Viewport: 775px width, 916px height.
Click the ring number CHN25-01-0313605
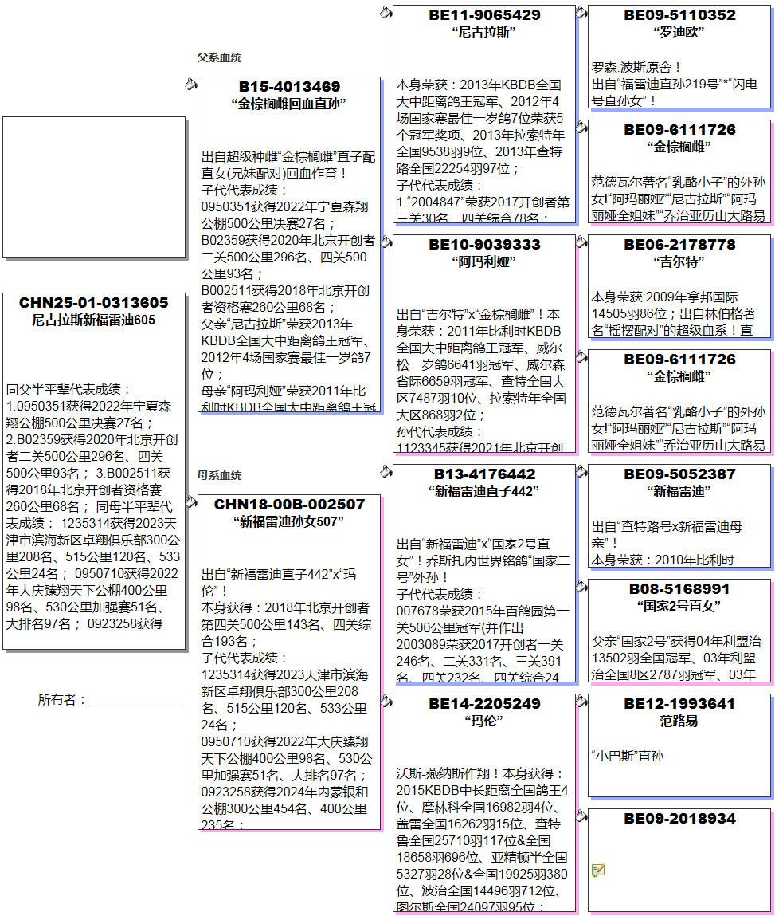(94, 303)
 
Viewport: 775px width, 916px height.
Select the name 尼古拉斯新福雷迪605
(94, 320)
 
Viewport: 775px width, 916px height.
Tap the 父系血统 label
(219, 57)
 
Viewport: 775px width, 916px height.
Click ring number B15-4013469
(289, 86)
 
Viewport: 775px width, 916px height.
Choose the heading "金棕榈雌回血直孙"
(289, 104)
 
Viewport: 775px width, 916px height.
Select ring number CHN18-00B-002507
(289, 504)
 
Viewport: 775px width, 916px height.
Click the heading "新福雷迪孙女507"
(289, 521)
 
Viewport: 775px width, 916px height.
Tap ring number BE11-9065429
(484, 14)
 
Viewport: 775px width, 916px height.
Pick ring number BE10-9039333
(484, 244)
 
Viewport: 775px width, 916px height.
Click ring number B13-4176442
(484, 474)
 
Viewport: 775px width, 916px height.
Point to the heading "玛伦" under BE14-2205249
(484, 721)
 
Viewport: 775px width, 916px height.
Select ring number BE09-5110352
(679, 14)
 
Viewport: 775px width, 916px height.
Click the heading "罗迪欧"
(679, 32)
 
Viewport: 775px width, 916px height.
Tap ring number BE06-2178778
(679, 244)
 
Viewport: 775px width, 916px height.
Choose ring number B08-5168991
(679, 588)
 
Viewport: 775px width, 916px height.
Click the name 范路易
(679, 721)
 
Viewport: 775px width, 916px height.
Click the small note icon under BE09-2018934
(598, 871)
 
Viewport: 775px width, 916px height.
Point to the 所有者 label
(61, 699)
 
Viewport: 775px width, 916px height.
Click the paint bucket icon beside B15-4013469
(190, 84)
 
